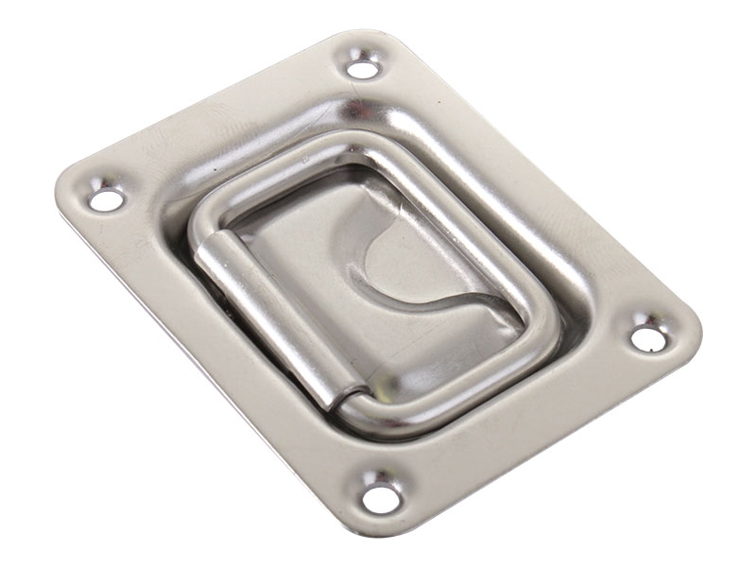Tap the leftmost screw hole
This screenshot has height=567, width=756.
106,199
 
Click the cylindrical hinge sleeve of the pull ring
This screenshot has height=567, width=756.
265,311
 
